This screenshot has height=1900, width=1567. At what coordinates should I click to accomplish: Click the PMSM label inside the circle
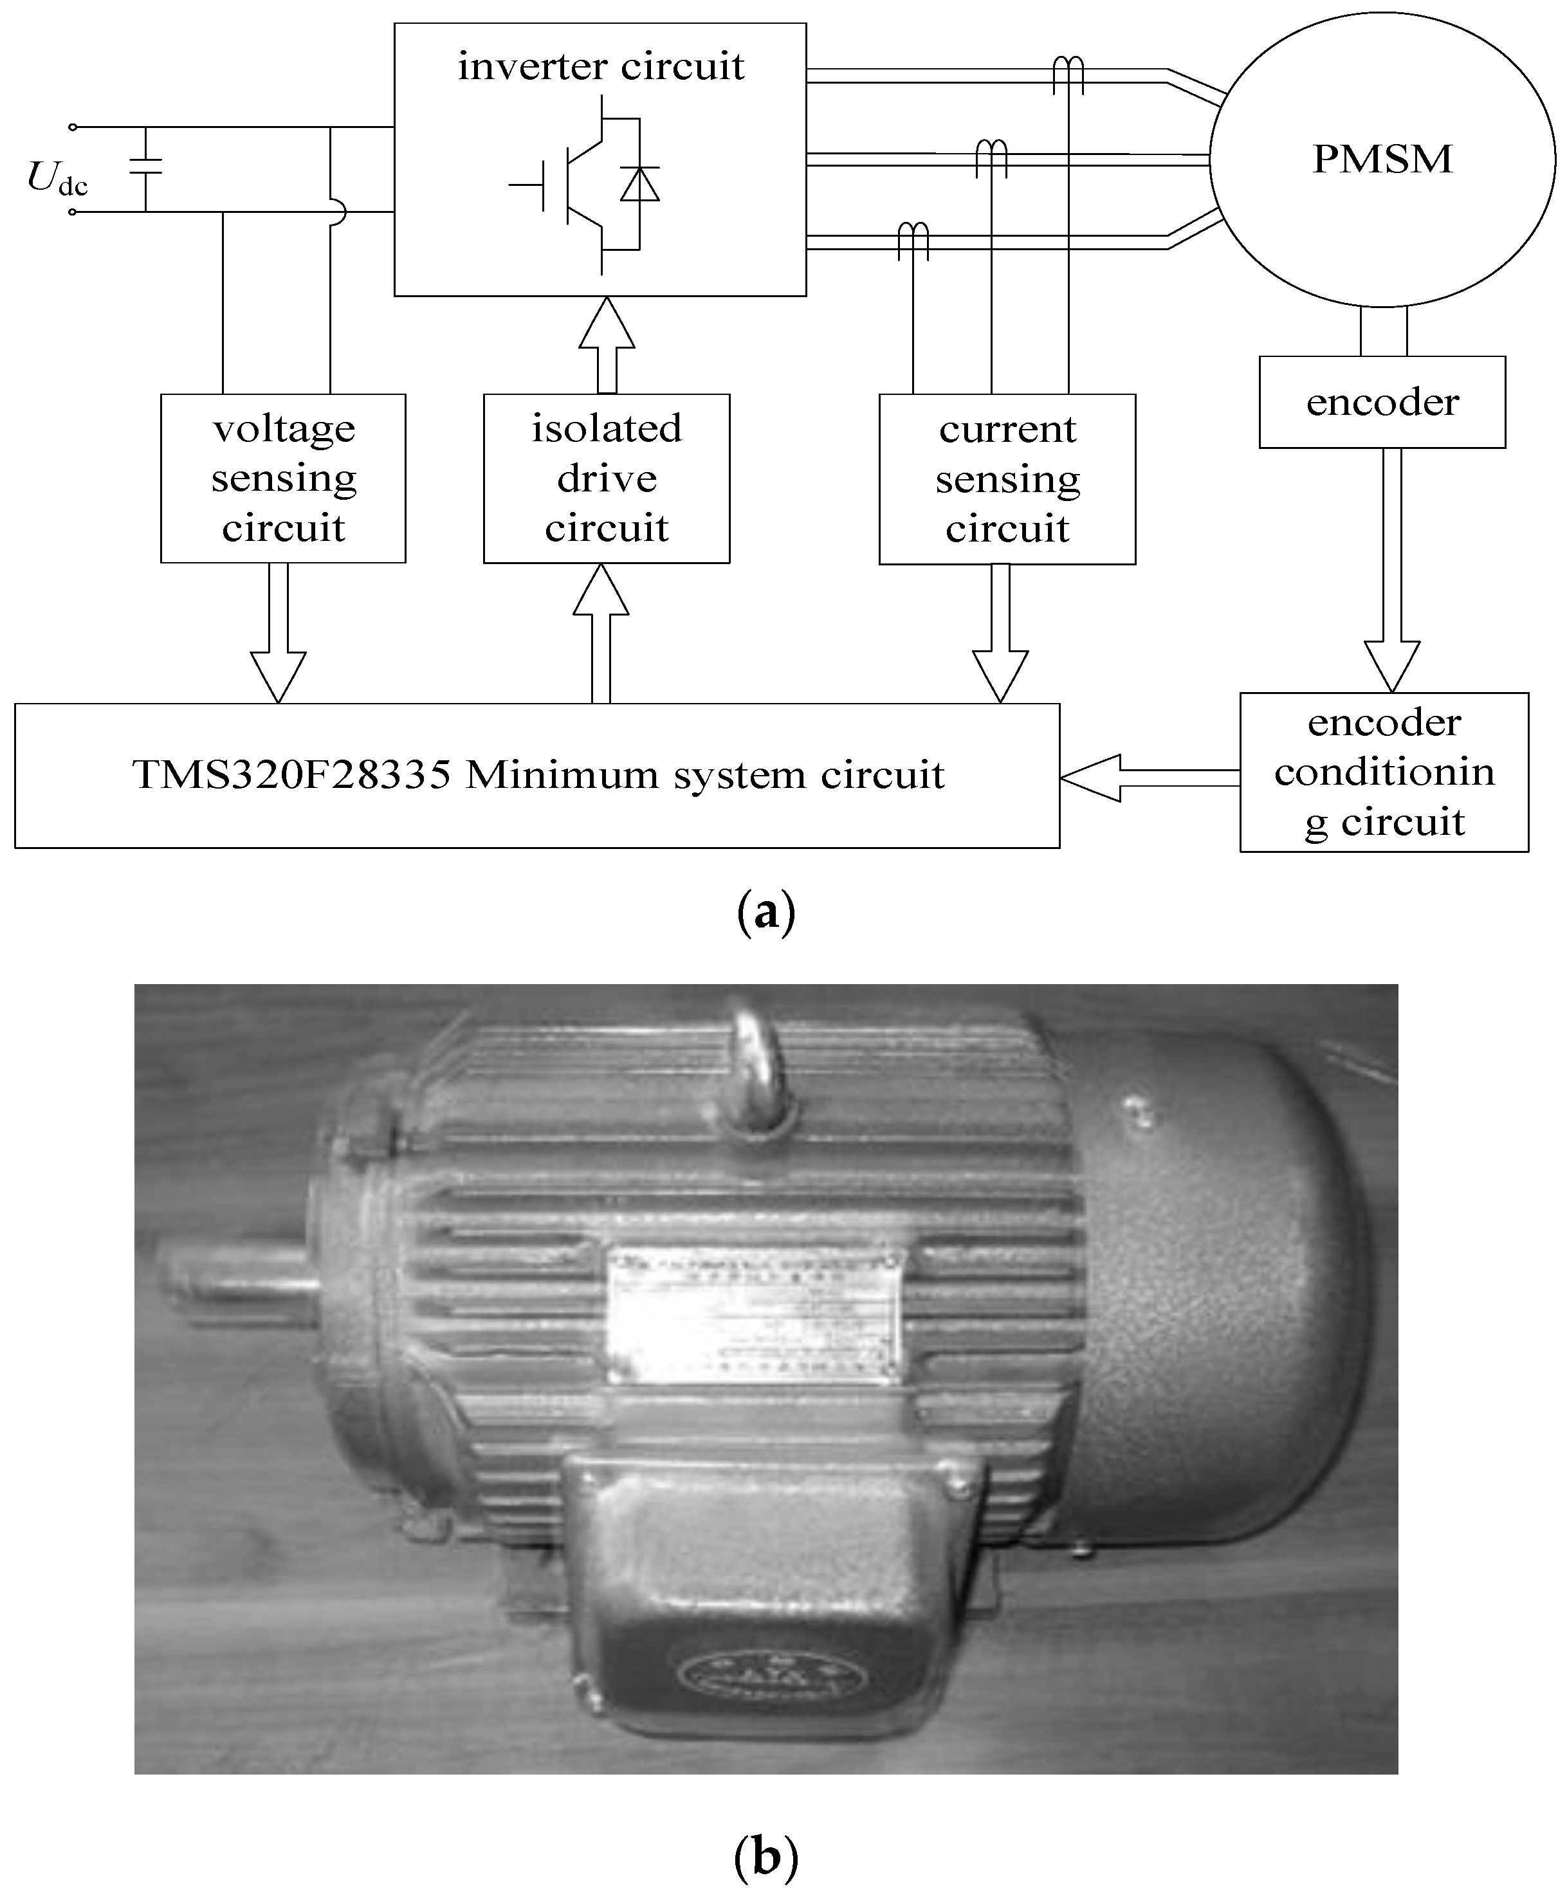coord(1382,160)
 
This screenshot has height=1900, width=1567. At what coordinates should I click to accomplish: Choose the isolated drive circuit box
coord(606,479)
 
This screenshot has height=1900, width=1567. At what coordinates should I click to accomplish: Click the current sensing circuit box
coord(1007,479)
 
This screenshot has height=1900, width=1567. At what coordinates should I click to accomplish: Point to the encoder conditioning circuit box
coord(1383,772)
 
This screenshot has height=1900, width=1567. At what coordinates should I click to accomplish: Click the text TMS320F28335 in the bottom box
coord(291,775)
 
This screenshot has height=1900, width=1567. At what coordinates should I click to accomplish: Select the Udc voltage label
coord(56,178)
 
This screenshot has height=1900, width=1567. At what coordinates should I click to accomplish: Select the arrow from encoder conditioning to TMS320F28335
coord(1148,778)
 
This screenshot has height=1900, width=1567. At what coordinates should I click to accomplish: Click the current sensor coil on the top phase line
coord(1068,72)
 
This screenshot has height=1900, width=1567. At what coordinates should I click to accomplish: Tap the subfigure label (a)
coord(765,913)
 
